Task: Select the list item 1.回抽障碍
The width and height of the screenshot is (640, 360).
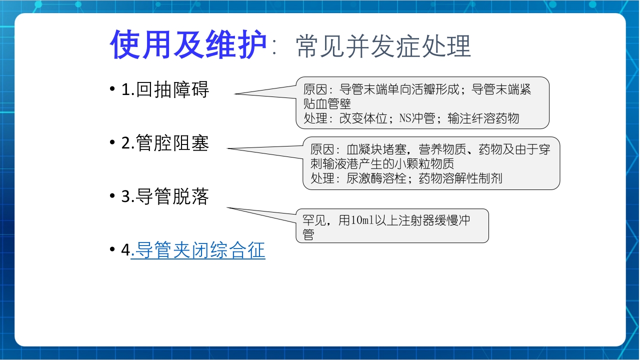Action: (165, 89)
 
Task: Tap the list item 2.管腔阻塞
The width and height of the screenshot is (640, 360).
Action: (165, 143)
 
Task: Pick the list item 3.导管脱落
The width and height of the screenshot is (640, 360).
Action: (165, 197)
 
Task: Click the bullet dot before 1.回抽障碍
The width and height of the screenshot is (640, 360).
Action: (112, 90)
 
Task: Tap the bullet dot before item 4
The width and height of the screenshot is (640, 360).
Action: (112, 250)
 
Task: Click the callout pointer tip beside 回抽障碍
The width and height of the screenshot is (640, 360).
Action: (235, 93)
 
